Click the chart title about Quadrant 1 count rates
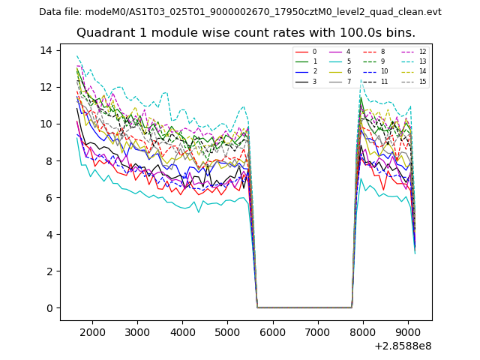[x=246, y=33]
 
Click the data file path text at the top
[x=240, y=12]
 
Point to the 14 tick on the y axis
[x=46, y=50]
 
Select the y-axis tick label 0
[x=49, y=308]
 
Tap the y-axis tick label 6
[x=49, y=198]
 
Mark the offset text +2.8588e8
[x=402, y=346]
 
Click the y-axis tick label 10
[x=46, y=124]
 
